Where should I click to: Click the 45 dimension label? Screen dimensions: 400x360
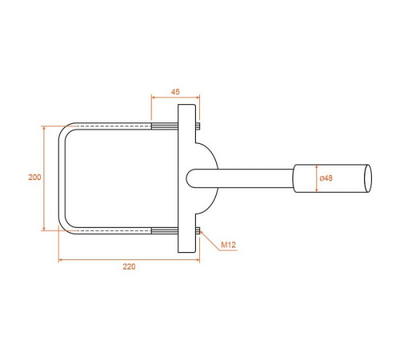(x=175, y=92)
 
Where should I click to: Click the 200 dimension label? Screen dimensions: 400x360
(x=34, y=177)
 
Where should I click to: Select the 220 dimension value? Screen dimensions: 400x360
(x=129, y=266)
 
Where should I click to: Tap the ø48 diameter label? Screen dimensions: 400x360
(x=326, y=178)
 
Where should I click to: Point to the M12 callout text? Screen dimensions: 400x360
(x=228, y=245)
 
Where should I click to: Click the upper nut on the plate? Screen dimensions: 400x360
(x=198, y=126)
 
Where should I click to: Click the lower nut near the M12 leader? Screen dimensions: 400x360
(x=198, y=230)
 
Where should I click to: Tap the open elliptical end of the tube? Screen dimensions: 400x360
(x=368, y=178)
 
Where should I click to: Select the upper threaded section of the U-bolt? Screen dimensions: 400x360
(x=165, y=126)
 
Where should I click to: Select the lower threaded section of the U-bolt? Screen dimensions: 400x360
(x=165, y=230)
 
